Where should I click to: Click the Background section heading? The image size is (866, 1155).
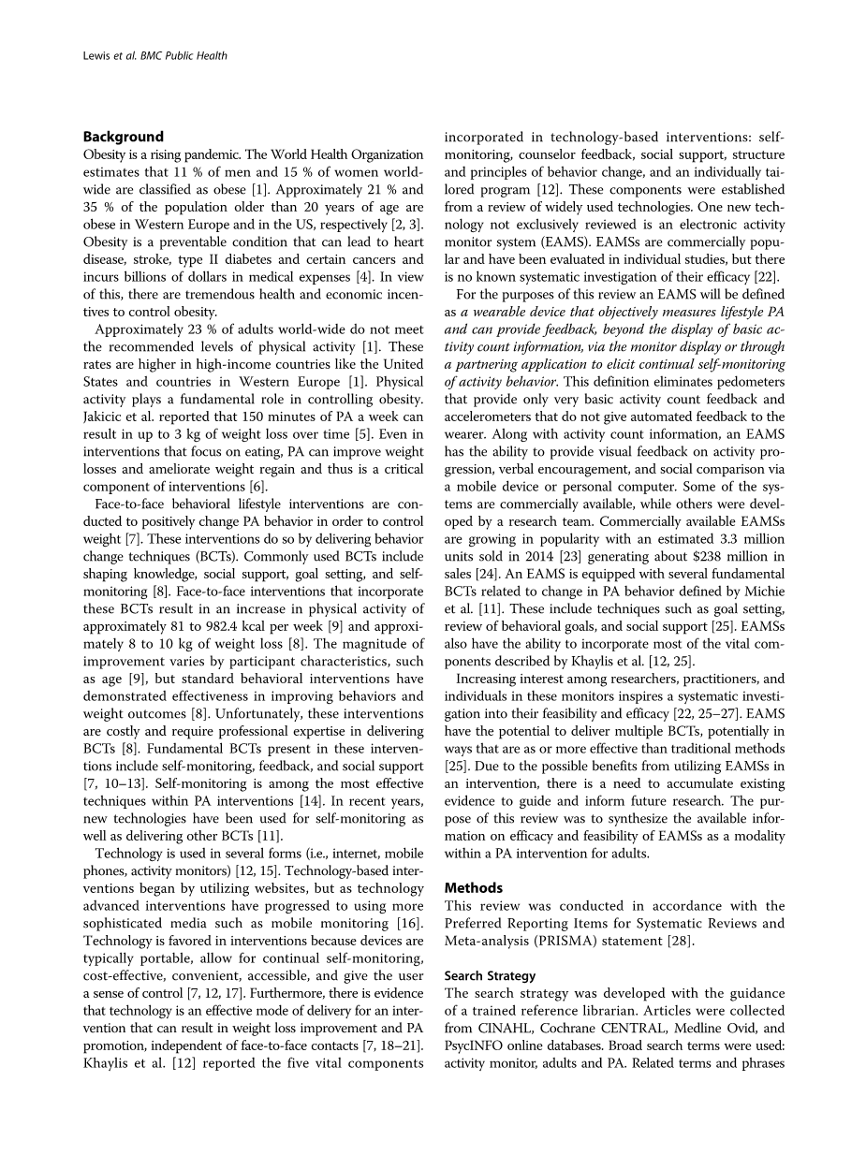click(123, 137)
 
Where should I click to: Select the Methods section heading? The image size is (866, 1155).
click(473, 887)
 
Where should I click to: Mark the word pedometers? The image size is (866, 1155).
click(745, 381)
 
